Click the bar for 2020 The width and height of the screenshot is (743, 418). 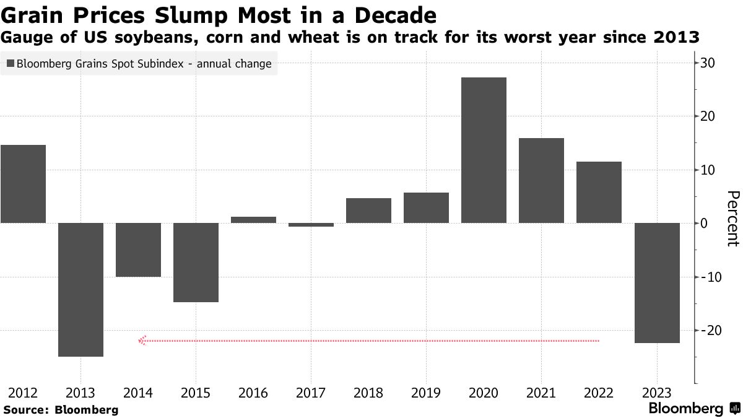[x=484, y=150]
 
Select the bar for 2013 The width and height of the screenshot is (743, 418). [x=80, y=289]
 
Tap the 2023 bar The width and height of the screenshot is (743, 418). [x=656, y=282]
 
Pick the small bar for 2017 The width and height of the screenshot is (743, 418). [x=311, y=225]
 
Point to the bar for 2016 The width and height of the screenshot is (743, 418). [x=253, y=219]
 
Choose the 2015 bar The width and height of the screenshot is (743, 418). [x=196, y=262]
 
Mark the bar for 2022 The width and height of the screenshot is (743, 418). [x=599, y=192]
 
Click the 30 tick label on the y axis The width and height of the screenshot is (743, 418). [x=708, y=63]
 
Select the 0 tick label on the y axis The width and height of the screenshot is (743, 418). [x=705, y=224]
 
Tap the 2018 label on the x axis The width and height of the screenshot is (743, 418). [x=368, y=393]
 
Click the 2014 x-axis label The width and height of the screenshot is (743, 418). [x=138, y=393]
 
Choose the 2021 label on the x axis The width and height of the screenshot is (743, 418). [x=541, y=393]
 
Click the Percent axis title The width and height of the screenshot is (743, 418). [x=732, y=219]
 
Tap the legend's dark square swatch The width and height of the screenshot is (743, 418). [x=11, y=64]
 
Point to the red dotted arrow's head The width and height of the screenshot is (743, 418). [x=142, y=340]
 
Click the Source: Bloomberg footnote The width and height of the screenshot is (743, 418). [x=61, y=409]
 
